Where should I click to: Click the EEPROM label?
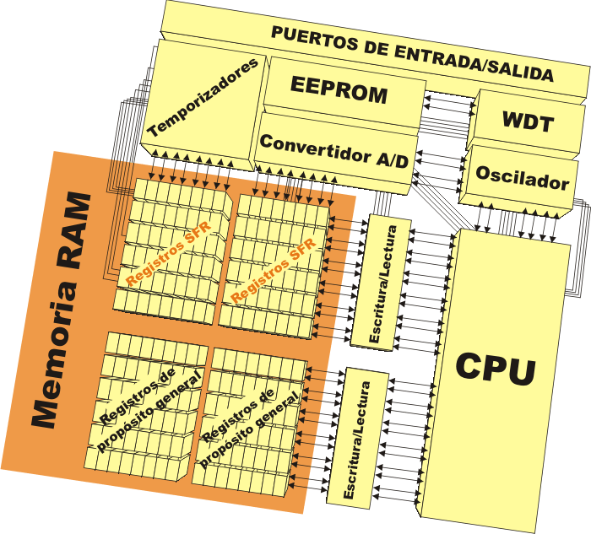point(339,89)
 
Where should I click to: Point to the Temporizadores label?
point(202,100)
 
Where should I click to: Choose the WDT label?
point(528,123)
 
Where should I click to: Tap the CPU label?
point(496,369)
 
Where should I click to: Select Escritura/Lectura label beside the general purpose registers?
point(354,438)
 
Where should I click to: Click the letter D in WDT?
point(531,123)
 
